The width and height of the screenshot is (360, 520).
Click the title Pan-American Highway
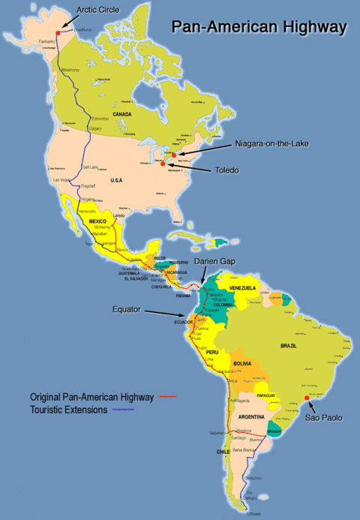tap(259, 27)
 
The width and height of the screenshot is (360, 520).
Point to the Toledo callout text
tap(224, 170)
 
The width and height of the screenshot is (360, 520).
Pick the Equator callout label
tap(126, 309)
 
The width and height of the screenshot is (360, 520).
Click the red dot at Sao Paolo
tap(307, 398)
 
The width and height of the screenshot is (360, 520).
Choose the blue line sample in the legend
tap(122, 410)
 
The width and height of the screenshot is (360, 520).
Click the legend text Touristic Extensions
tap(69, 410)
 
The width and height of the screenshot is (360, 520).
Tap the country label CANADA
tap(121, 114)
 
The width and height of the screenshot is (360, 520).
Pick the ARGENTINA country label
tap(251, 416)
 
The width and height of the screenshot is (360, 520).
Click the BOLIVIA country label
tap(241, 363)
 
